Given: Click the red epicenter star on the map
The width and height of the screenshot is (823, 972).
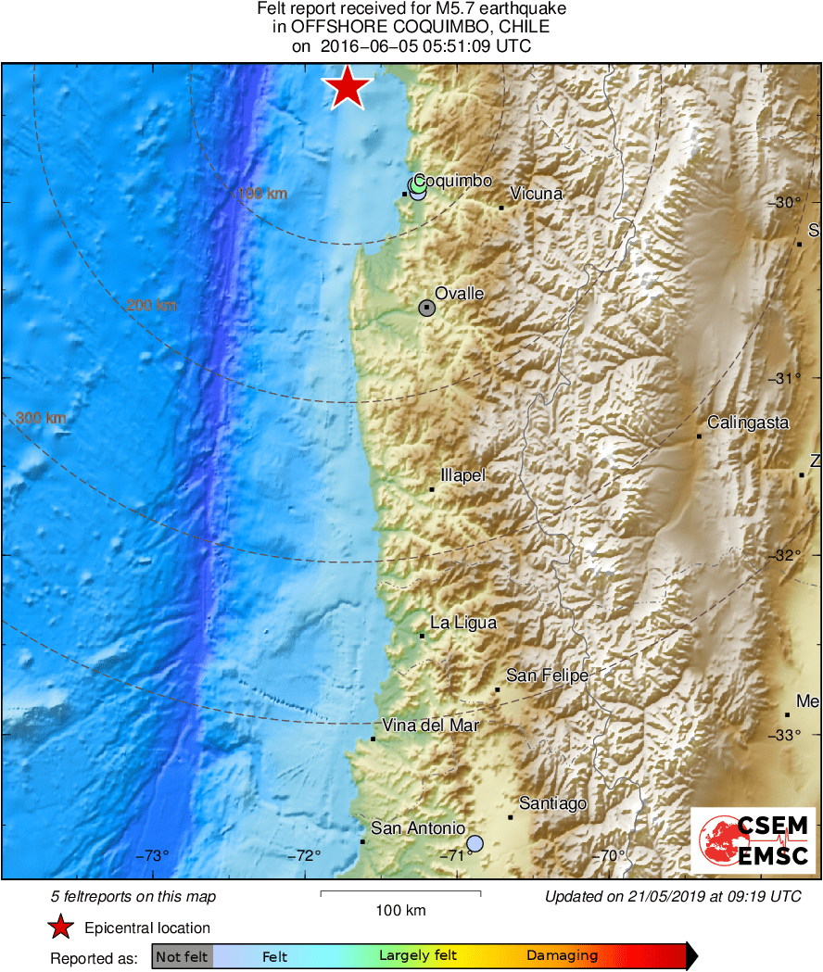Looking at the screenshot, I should click(348, 88).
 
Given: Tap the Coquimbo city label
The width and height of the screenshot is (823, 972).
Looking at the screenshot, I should click(452, 181).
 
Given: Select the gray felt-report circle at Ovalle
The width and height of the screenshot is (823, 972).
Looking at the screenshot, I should click(426, 308).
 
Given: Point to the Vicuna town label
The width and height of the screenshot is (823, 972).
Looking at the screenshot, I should click(536, 194).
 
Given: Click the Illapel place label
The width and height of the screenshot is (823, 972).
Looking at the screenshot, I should click(462, 475).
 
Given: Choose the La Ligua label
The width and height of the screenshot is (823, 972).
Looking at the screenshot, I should click(463, 623).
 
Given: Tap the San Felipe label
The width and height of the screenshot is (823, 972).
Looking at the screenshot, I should click(547, 675).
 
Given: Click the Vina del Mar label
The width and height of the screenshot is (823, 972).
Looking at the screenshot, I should click(430, 726).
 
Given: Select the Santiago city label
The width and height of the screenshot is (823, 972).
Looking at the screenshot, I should click(552, 803).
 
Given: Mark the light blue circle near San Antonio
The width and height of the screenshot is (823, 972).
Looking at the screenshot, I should click(475, 843).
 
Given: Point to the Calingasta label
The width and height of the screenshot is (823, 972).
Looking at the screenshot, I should click(748, 423).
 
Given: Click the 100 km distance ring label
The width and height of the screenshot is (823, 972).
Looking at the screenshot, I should click(262, 194).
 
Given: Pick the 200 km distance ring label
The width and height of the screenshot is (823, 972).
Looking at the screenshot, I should click(152, 306).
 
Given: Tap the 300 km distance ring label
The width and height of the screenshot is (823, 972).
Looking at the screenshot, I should click(41, 419).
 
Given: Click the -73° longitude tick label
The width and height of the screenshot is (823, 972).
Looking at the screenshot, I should click(154, 855).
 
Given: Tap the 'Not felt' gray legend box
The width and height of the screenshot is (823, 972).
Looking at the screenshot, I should click(182, 956).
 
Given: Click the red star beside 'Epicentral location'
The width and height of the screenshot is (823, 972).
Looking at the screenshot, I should click(61, 928).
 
